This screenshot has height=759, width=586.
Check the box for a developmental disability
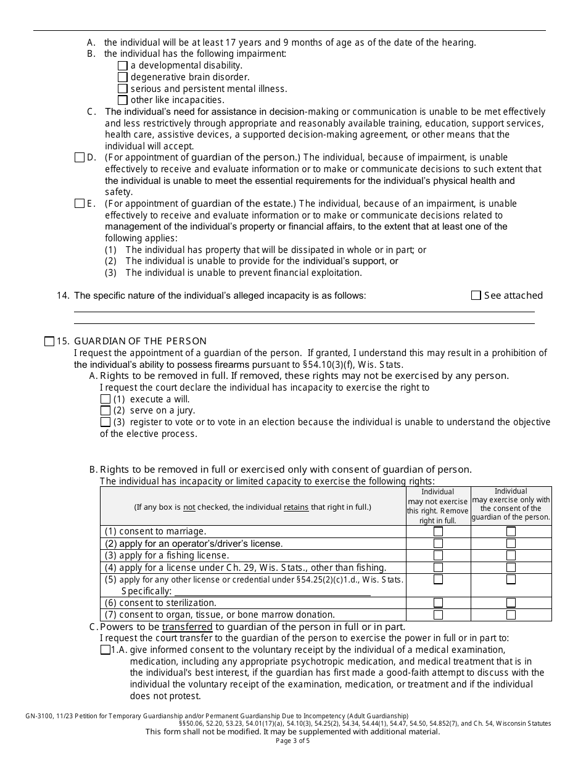[x=122, y=65]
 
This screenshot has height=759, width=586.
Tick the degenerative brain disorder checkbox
[x=122, y=77]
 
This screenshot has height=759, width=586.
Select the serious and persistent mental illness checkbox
[x=122, y=89]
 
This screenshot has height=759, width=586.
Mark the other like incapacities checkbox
[x=122, y=100]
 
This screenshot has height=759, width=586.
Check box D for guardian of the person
[x=79, y=157]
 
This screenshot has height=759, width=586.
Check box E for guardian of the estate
[x=79, y=204]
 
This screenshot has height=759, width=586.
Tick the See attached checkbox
[x=476, y=296]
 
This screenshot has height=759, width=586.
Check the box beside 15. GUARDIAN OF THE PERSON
[x=49, y=341]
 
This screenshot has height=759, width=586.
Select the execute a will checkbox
[x=105, y=399]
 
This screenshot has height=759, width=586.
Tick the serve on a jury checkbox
[x=105, y=410]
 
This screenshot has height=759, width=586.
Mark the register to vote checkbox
[x=105, y=422]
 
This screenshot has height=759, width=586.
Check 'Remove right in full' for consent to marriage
[x=438, y=531]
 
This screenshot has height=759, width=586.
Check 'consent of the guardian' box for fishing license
[x=511, y=555]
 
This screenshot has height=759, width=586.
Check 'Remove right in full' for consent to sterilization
[x=438, y=603]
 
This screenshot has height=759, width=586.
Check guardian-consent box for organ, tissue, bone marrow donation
[x=511, y=615]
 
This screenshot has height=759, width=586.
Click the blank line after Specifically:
[x=272, y=591]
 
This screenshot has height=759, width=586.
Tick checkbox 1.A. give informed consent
[x=105, y=650]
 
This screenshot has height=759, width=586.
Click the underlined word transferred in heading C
[x=187, y=627]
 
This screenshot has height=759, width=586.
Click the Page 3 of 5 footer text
[x=293, y=741]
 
